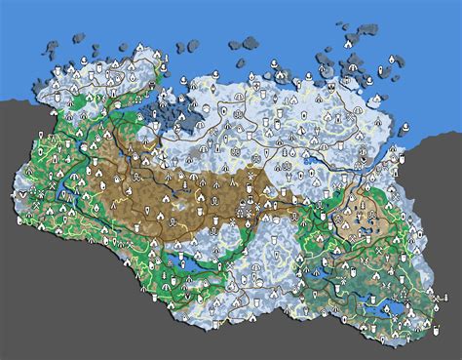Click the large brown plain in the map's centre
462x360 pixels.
tap(175, 195)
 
